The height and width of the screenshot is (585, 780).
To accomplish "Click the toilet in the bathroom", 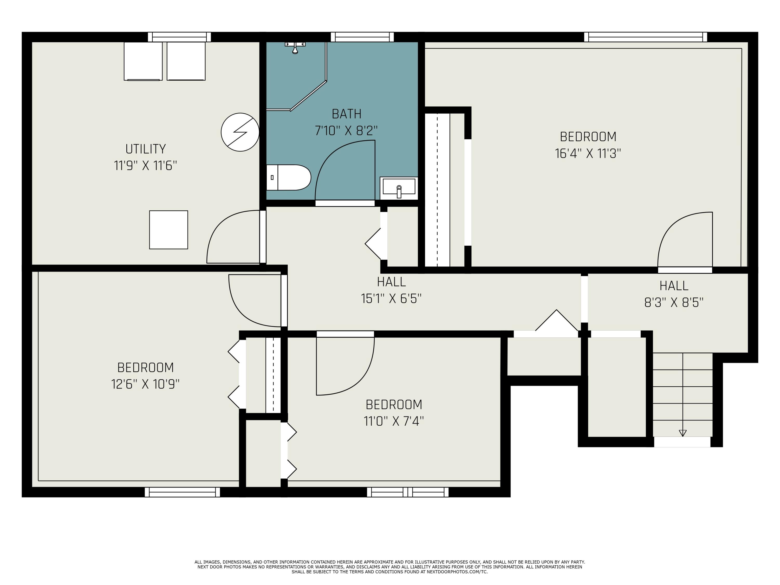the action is [x=288, y=177].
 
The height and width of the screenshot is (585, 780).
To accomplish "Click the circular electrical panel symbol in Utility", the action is [x=240, y=132].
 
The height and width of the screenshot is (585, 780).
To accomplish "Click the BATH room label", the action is [x=347, y=114].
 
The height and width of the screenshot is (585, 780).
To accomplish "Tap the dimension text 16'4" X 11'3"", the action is [x=588, y=153].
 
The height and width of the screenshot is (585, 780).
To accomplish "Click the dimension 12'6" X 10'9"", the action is [x=145, y=384].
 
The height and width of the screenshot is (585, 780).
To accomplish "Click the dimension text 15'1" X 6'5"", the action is [x=391, y=299].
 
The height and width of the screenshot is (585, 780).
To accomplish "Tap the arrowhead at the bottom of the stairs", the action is [x=683, y=433].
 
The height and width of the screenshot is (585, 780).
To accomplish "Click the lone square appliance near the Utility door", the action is [x=168, y=230].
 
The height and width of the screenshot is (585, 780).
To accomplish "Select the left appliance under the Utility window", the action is [x=143, y=61].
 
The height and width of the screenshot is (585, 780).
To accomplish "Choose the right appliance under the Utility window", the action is [x=186, y=61].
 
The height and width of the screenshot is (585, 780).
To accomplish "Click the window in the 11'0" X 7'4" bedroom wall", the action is [x=408, y=492].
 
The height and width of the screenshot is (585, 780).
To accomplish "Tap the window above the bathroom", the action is [x=362, y=37].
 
